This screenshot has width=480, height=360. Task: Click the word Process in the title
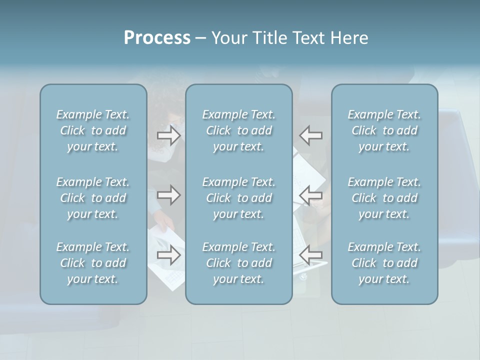pyautogui.click(x=157, y=38)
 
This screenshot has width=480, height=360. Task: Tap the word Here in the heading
pyautogui.click(x=349, y=38)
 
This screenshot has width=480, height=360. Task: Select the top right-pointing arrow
pyautogui.click(x=168, y=135)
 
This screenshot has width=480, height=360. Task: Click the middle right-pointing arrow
pyautogui.click(x=168, y=195)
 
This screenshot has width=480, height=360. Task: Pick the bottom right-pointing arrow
pyautogui.click(x=168, y=255)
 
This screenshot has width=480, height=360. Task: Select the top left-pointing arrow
pyautogui.click(x=311, y=135)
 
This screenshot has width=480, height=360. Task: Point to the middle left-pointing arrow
pyautogui.click(x=311, y=195)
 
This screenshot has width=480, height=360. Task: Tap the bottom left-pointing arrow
pyautogui.click(x=311, y=255)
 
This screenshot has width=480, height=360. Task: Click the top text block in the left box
pyautogui.click(x=93, y=130)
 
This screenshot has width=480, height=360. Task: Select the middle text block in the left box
pyautogui.click(x=93, y=198)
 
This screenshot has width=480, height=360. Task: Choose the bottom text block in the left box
pyautogui.click(x=93, y=263)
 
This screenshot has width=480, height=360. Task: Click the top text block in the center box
pyautogui.click(x=239, y=130)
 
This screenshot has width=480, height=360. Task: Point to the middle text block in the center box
pyautogui.click(x=239, y=198)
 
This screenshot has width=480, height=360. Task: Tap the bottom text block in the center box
pyautogui.click(x=239, y=263)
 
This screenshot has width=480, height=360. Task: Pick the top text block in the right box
pyautogui.click(x=384, y=130)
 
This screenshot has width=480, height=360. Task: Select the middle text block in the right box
pyautogui.click(x=384, y=198)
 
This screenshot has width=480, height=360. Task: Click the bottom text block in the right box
pyautogui.click(x=384, y=263)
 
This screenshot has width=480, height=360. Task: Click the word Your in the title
pyautogui.click(x=228, y=38)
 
